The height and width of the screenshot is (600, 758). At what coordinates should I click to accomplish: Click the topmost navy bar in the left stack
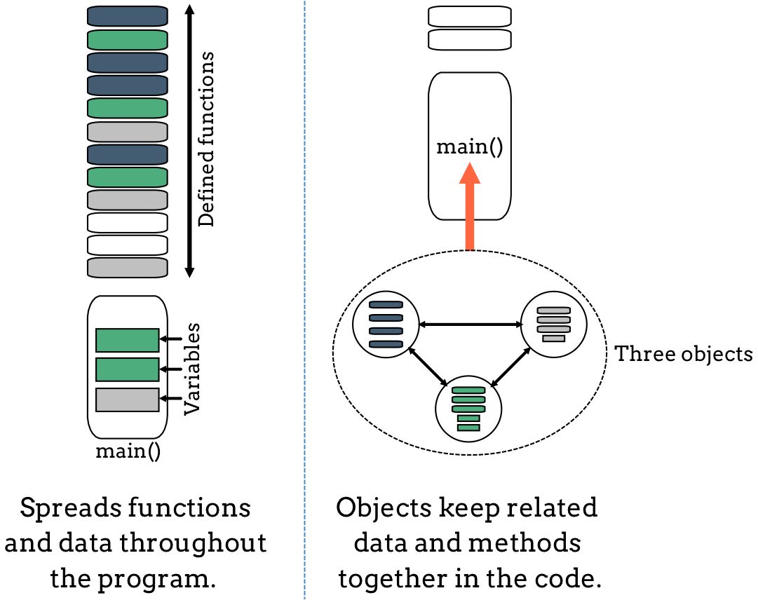127,16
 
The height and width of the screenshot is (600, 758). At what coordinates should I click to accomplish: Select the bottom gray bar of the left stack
127,267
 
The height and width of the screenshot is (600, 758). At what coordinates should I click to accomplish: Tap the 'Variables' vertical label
193,369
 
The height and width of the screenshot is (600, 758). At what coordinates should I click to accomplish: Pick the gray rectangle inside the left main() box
127,400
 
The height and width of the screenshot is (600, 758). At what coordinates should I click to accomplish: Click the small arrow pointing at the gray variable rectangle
171,399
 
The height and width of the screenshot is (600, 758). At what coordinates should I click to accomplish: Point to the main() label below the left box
128,450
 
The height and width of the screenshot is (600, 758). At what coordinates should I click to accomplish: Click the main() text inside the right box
470,148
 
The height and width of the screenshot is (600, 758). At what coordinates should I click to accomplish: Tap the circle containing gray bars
553,324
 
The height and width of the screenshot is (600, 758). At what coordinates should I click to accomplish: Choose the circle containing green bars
468,408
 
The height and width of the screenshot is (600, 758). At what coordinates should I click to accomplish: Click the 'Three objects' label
683,354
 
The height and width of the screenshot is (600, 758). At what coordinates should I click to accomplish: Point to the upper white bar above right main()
470,15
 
